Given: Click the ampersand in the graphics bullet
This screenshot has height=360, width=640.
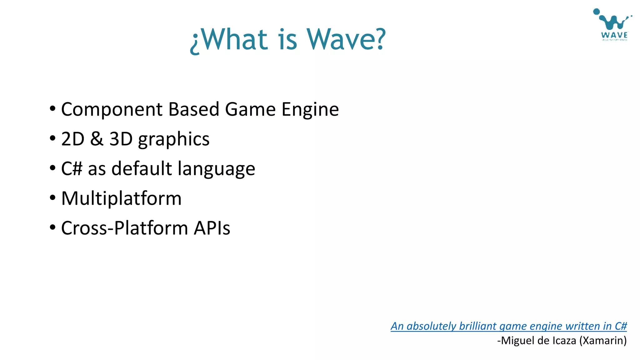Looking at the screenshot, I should [x=97, y=139].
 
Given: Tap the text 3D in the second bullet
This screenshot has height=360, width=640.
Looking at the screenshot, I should [x=121, y=139].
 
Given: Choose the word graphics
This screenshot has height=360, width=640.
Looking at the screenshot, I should [x=174, y=139].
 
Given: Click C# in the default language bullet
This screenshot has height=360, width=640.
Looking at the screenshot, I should [x=72, y=168].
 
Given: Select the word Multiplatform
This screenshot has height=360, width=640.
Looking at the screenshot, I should [x=121, y=198].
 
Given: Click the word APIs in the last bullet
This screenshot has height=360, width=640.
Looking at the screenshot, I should [x=212, y=228].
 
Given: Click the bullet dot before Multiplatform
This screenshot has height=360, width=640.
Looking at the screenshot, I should [x=52, y=197].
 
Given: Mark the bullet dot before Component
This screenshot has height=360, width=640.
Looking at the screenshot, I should [x=52, y=108].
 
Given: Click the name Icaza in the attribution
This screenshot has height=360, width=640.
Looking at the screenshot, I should [x=564, y=340].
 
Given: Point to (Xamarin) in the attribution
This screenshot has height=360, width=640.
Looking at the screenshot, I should [x=603, y=340].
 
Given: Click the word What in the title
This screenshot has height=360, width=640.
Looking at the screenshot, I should [x=237, y=39].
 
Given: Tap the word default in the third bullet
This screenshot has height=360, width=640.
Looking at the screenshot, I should [x=142, y=168].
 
